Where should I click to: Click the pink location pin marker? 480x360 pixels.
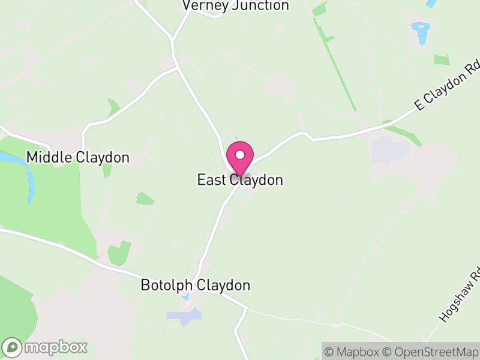click(240, 158)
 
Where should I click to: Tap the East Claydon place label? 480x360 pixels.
click(240, 180)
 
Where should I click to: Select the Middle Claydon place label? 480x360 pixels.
click(78, 158)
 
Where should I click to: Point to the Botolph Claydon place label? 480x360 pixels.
click(195, 285)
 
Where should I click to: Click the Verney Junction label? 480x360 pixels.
click(236, 6)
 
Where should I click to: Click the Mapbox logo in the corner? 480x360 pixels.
click(46, 347)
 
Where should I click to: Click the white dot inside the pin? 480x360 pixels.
click(240, 154)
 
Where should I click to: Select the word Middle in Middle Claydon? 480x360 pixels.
click(50, 158)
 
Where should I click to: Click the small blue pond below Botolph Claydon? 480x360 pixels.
click(185, 296)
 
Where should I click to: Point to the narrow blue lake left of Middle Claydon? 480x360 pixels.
click(30, 186)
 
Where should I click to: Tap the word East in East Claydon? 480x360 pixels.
click(211, 180)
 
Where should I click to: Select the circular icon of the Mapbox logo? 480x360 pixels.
click(13, 347)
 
